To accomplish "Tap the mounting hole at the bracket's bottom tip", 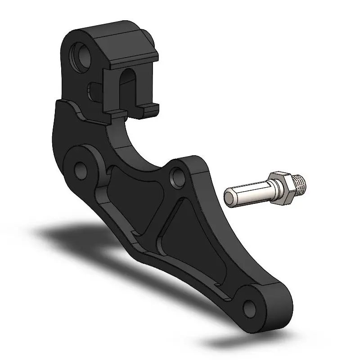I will [248, 307].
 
